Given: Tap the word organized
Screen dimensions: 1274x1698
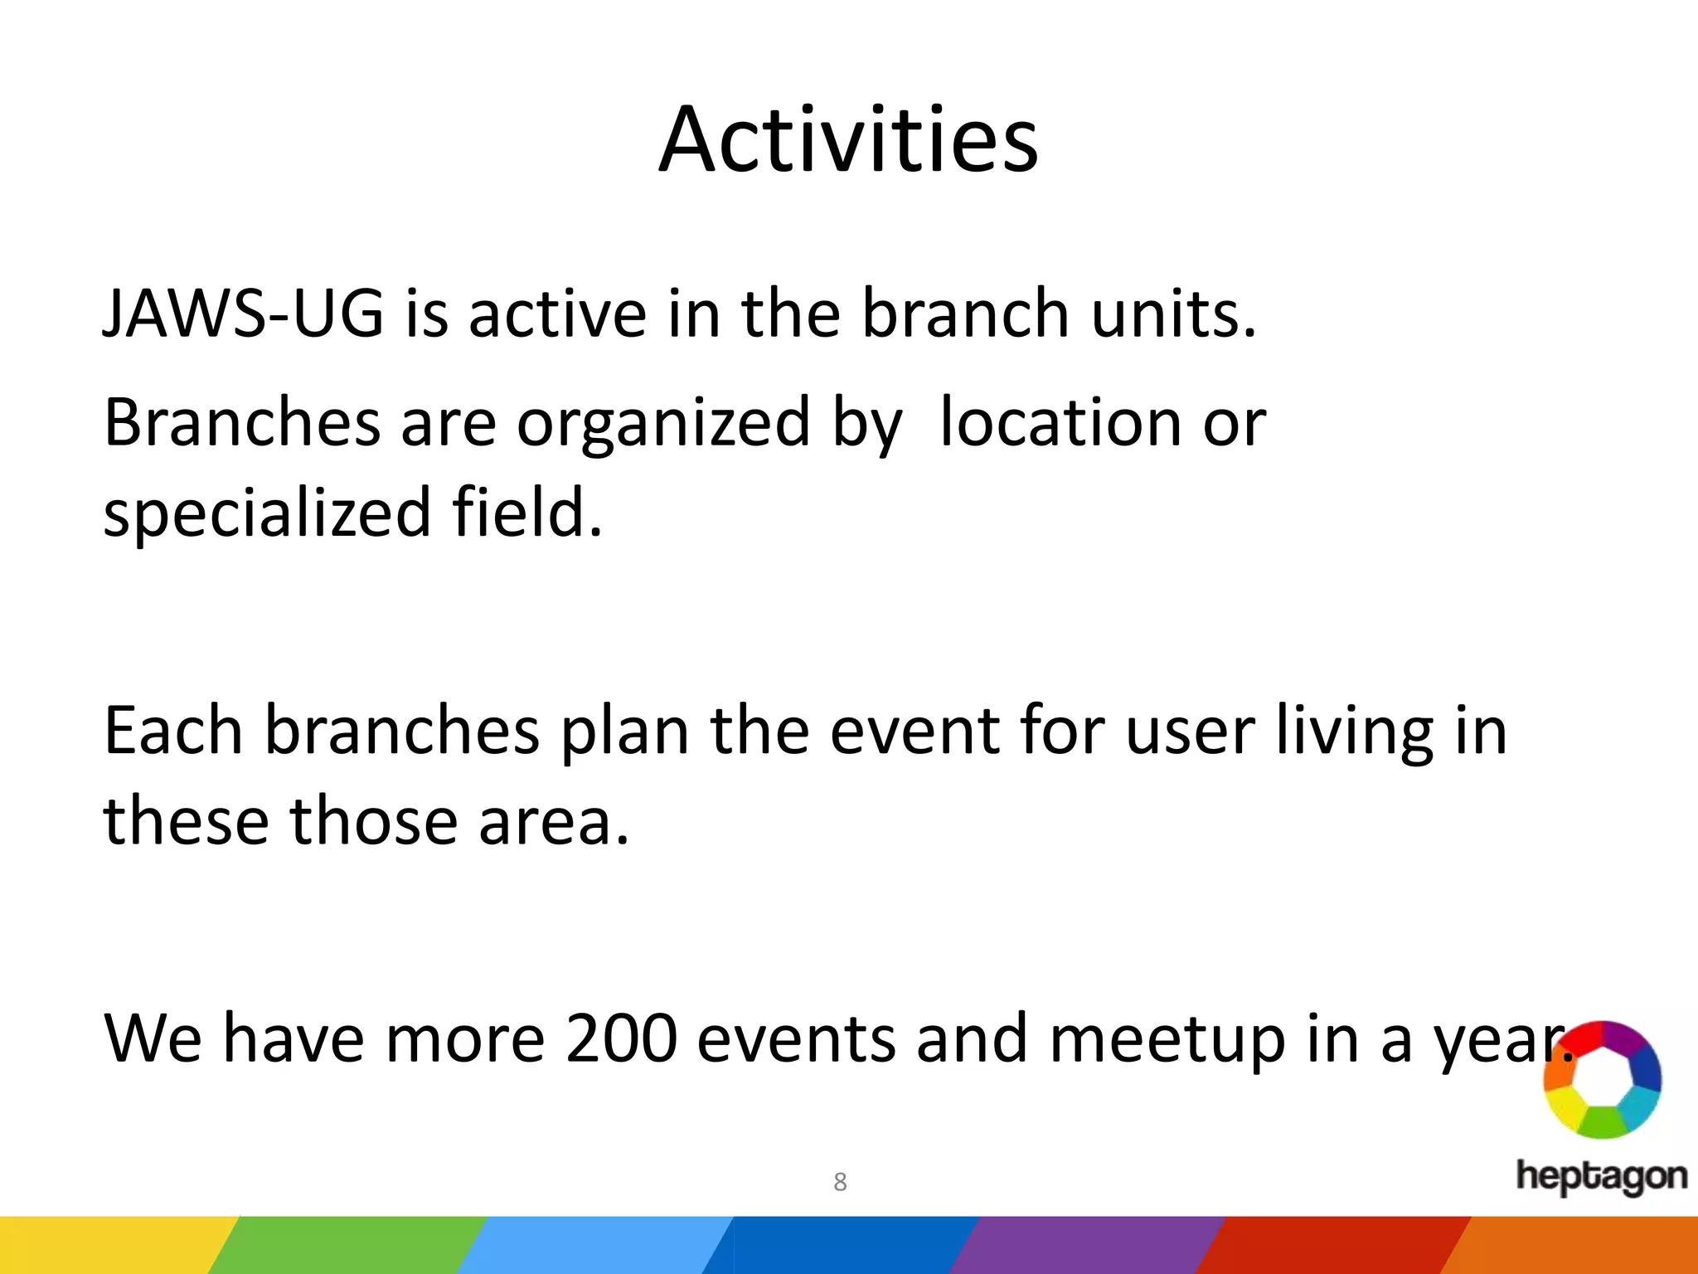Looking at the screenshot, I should [662, 423].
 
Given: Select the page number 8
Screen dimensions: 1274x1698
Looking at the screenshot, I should [840, 1182].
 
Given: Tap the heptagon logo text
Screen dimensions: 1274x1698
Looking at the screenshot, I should [1601, 1176].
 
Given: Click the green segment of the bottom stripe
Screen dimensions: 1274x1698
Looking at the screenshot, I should [348, 1245].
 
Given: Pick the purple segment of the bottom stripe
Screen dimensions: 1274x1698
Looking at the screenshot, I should [1086, 1245].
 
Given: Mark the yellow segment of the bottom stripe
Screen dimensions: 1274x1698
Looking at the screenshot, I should [108, 1245].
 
